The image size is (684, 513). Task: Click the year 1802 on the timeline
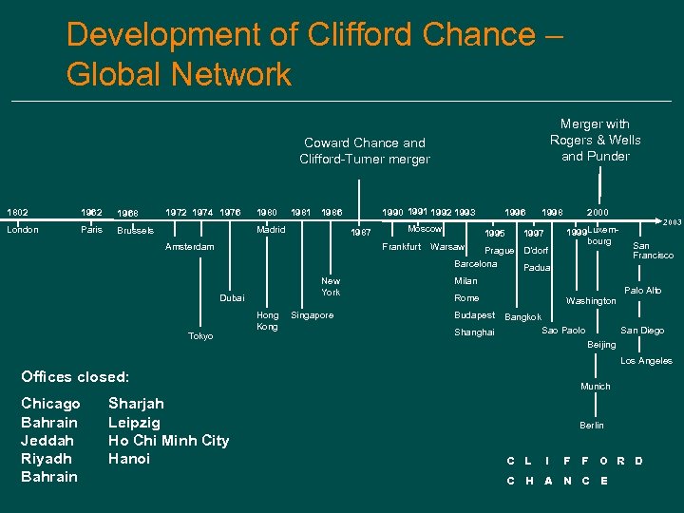coord(17,212)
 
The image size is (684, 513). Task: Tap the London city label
coord(23,230)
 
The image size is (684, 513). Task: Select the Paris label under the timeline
coord(91,230)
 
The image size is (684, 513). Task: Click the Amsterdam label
coord(190,247)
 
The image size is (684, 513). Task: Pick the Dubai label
coord(232,298)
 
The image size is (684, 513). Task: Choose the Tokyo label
coord(200,336)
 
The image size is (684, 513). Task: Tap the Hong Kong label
coord(268,321)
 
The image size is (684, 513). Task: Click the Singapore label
coord(313,315)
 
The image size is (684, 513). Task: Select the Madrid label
coord(273,230)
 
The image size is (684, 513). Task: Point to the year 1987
coord(361,233)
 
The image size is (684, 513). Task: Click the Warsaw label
coord(447,247)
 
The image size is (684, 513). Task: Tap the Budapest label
coord(474,314)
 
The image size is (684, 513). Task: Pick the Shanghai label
coord(474,332)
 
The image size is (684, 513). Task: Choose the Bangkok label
coord(523,317)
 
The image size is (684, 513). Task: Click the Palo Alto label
coord(642,291)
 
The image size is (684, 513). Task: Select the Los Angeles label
coord(646,361)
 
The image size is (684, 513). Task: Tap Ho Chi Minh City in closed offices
coord(169,440)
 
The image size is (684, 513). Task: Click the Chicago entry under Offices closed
coord(50,404)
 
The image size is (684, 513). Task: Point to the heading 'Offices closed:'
coord(75,377)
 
